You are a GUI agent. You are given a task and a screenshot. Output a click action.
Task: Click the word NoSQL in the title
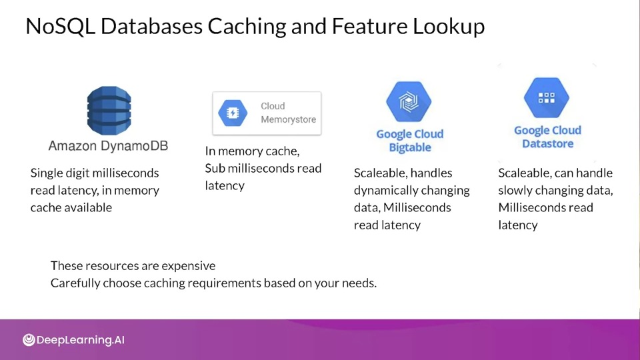pyautogui.click(x=61, y=26)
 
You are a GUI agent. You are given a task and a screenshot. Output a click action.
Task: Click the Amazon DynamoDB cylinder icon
pyautogui.click(x=109, y=111)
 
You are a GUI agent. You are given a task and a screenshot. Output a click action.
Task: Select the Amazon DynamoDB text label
pyautogui.click(x=108, y=146)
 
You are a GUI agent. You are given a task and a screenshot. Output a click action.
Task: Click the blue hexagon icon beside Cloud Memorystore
pyautogui.click(x=233, y=113)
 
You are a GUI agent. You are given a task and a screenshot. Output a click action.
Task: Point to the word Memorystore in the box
pyautogui.click(x=288, y=119)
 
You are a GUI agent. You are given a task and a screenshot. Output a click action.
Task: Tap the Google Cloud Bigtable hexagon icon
pyautogui.click(x=409, y=101)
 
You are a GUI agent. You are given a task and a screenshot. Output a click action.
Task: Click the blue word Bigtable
pyautogui.click(x=410, y=147)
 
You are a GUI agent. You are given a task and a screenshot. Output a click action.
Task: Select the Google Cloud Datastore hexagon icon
pyautogui.click(x=547, y=97)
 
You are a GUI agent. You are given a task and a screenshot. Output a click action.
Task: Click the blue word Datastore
pyautogui.click(x=548, y=144)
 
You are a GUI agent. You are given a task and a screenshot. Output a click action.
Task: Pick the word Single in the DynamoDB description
pyautogui.click(x=47, y=173)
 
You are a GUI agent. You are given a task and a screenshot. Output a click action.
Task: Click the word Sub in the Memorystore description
pyautogui.click(x=215, y=168)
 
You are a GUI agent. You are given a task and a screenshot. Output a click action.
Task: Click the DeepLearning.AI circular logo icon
pyautogui.click(x=29, y=339)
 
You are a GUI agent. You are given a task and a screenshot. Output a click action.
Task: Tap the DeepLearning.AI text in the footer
pyautogui.click(x=81, y=340)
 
